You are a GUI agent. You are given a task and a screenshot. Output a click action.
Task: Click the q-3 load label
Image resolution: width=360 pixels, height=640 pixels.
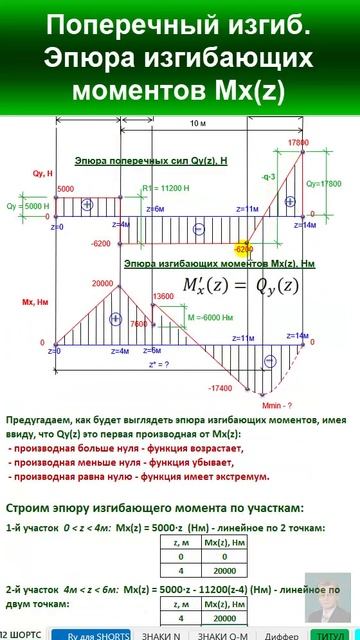pyautogui.click(x=267, y=177)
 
